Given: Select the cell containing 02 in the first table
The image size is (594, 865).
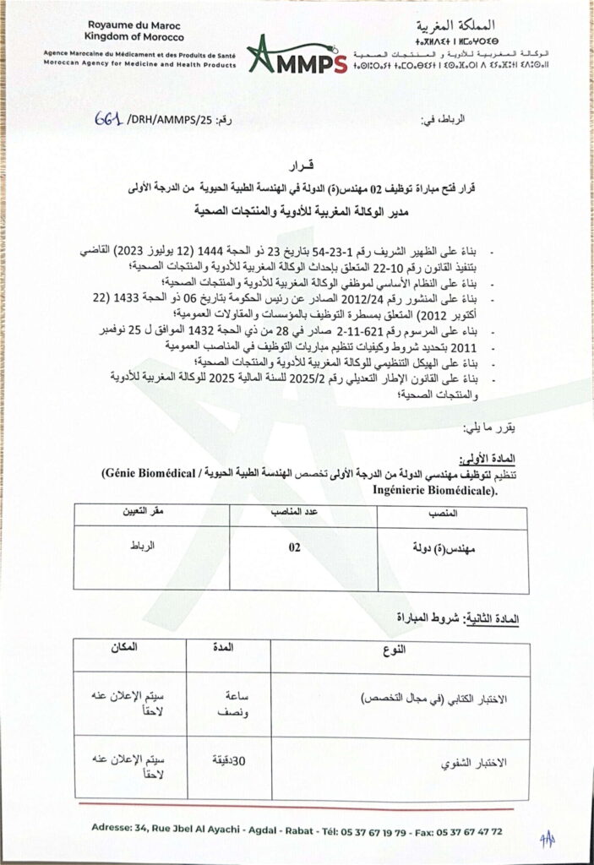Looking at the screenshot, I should (x=295, y=547).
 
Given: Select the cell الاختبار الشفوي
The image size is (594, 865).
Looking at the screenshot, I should (x=477, y=763).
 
